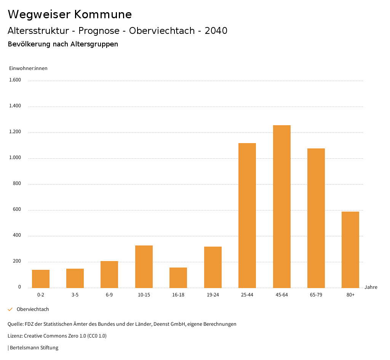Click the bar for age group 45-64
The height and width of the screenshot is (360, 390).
coord(281,206)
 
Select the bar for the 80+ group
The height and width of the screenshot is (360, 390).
coord(350,250)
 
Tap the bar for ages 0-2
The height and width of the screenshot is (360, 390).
coord(41,279)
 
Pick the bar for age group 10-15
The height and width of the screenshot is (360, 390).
coord(144,266)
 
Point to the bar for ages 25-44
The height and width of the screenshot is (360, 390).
coord(247,215)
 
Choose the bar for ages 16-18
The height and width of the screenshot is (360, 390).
coord(178,277)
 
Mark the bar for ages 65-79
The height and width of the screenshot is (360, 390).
coord(316,218)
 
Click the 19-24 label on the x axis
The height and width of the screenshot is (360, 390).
coord(213,295)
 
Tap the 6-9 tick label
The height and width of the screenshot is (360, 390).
coord(109,295)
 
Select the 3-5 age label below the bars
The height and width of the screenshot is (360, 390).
coord(75,295)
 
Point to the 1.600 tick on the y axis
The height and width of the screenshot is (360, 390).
coord(15,80)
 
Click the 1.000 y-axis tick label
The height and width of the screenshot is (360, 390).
coord(15,158)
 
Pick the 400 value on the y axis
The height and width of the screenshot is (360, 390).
coord(17,236)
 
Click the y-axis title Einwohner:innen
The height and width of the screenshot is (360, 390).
coord(28,68)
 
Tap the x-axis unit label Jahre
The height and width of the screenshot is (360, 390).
coord(371,287)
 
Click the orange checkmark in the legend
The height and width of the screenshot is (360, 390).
coord(10,309)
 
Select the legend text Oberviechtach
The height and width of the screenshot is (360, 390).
coord(33,309)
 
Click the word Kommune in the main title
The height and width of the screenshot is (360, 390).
coord(103,14)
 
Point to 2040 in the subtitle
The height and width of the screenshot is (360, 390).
coord(216,31)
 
